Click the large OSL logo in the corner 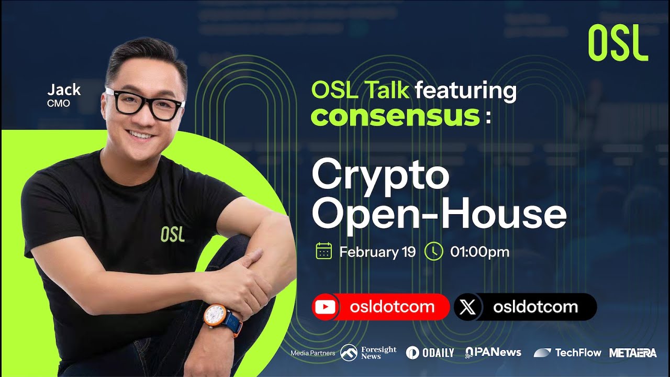click(618, 43)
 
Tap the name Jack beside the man click(64, 90)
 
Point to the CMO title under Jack click(58, 103)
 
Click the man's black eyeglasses click(145, 104)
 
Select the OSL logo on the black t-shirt click(173, 234)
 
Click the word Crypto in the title click(381, 176)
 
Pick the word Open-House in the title click(439, 214)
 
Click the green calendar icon click(324, 252)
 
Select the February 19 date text click(377, 252)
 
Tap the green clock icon click(433, 252)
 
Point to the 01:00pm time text click(479, 252)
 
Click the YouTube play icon click(326, 307)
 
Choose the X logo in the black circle click(467, 307)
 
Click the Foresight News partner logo click(368, 352)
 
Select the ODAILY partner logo click(430, 352)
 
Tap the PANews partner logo click(493, 352)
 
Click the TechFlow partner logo click(567, 352)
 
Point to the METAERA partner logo click(632, 352)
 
